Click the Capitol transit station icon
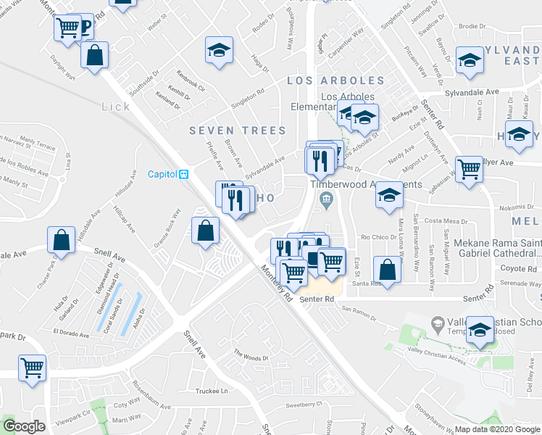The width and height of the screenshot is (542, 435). coord(184,174)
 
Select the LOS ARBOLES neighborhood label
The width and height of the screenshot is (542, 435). coord(335,80)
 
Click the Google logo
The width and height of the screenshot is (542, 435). coord(25,427)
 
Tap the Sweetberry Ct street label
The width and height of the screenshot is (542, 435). coord(302,406)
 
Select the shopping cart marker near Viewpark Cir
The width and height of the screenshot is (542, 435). coord(33,367)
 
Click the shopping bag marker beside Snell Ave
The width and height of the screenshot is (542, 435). coord(62,240)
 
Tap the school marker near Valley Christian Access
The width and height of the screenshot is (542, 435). coord(479,329)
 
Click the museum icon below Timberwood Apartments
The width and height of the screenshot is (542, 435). coord(326,199)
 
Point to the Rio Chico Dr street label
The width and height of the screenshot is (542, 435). coord(376,237)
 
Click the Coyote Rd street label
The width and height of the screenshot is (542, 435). coord(517,268)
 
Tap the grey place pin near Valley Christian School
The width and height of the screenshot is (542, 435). coord(438,322)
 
